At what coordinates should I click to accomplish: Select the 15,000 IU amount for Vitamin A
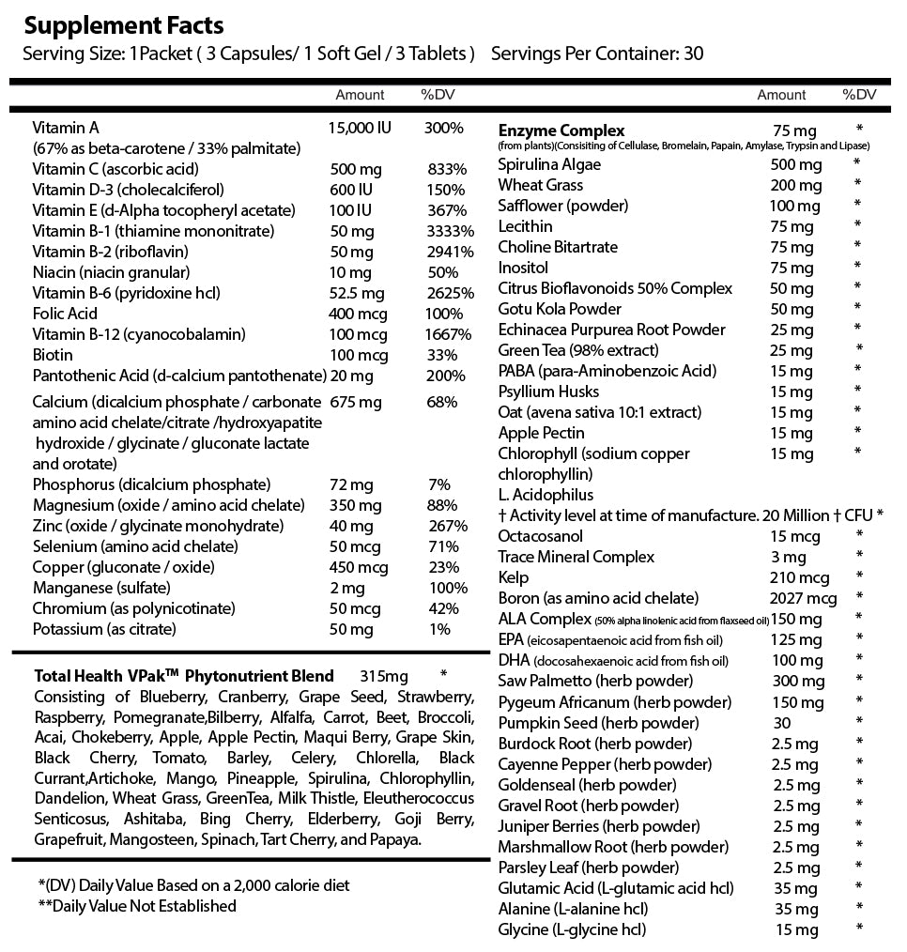pyautogui.click(x=361, y=128)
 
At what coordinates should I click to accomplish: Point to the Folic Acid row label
pyautogui.click(x=65, y=314)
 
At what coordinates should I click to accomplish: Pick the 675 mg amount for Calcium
pyautogui.click(x=357, y=402)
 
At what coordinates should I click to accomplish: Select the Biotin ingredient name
pyautogui.click(x=53, y=355)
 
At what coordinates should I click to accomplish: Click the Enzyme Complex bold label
pyautogui.click(x=561, y=131)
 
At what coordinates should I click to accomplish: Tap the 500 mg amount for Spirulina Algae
pyautogui.click(x=790, y=164)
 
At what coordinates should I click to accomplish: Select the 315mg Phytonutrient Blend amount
pyautogui.click(x=384, y=676)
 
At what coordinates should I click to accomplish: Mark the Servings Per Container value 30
pyautogui.click(x=693, y=53)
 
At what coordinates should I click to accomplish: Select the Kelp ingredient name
pyautogui.click(x=514, y=577)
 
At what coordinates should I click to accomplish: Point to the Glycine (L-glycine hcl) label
pyautogui.click(x=572, y=929)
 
